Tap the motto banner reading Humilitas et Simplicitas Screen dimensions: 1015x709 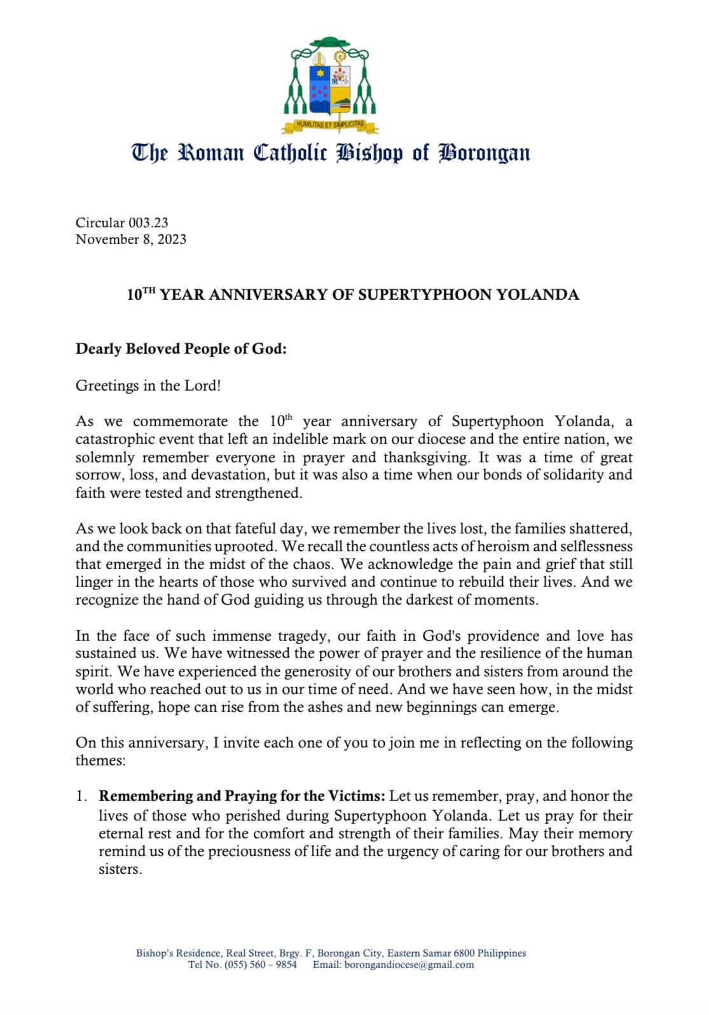tap(330, 125)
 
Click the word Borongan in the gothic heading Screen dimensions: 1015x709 tap(485, 154)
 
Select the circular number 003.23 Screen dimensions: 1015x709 tap(148, 222)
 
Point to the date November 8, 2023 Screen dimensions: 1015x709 tap(131, 239)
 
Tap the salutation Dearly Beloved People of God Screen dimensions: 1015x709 tap(181, 349)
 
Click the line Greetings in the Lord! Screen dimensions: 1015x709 tap(148, 386)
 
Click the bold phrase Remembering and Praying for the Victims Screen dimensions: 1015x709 tap(242, 797)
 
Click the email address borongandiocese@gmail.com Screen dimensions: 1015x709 tap(409, 965)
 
